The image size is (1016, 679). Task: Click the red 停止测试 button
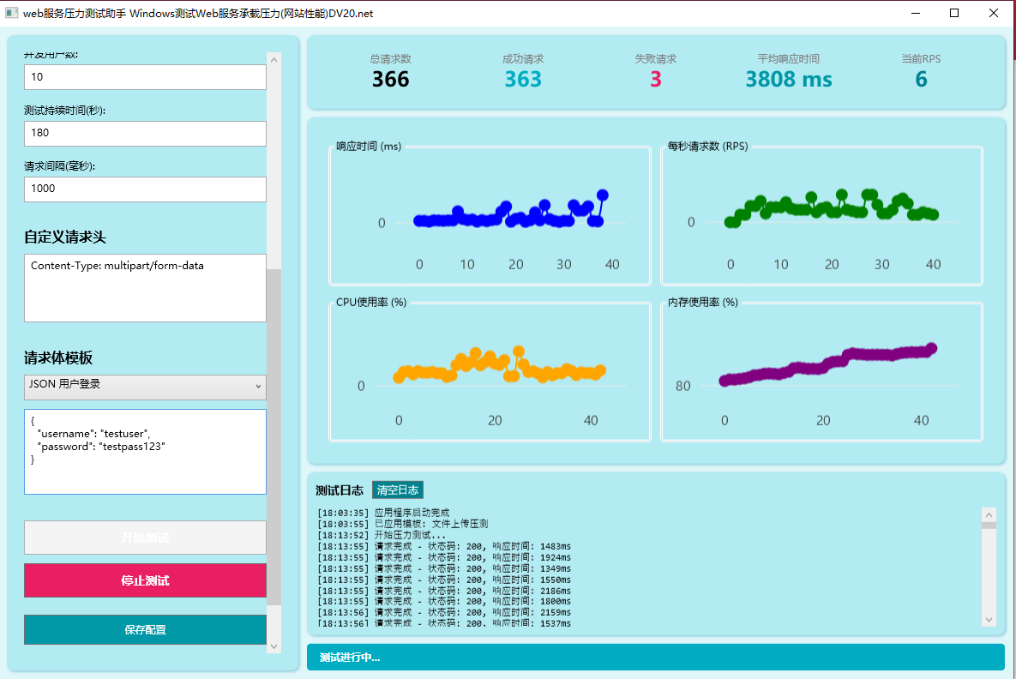145,580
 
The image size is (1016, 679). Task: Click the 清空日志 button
398,490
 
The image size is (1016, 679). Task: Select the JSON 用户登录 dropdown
145,386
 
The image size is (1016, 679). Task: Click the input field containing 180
145,133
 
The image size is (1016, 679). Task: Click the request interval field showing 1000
145,189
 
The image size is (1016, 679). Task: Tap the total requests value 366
390,80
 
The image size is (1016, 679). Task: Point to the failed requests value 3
656,80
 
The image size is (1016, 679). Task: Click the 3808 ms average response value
788,80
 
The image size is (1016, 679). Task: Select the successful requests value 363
523,80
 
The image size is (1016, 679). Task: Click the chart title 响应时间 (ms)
369,147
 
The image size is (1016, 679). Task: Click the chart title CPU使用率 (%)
371,302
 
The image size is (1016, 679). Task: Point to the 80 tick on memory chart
682,386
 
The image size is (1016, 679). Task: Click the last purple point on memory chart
931,348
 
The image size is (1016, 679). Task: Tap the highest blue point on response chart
603,195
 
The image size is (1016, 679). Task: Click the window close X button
993,13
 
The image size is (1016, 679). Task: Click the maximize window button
954,13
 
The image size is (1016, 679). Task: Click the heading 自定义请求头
65,237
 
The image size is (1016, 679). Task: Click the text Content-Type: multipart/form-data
117,266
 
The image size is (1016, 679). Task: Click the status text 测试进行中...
350,658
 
